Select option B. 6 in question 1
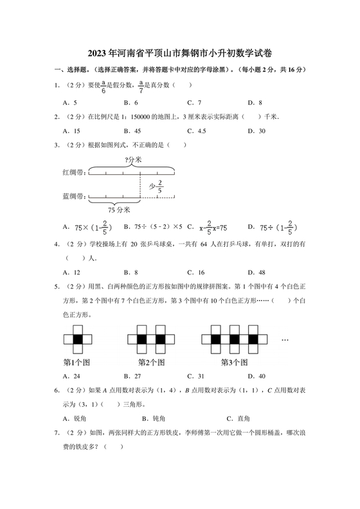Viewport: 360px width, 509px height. point(132,102)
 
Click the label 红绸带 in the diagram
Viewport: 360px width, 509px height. point(74,172)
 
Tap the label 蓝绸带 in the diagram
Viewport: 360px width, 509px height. point(74,196)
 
